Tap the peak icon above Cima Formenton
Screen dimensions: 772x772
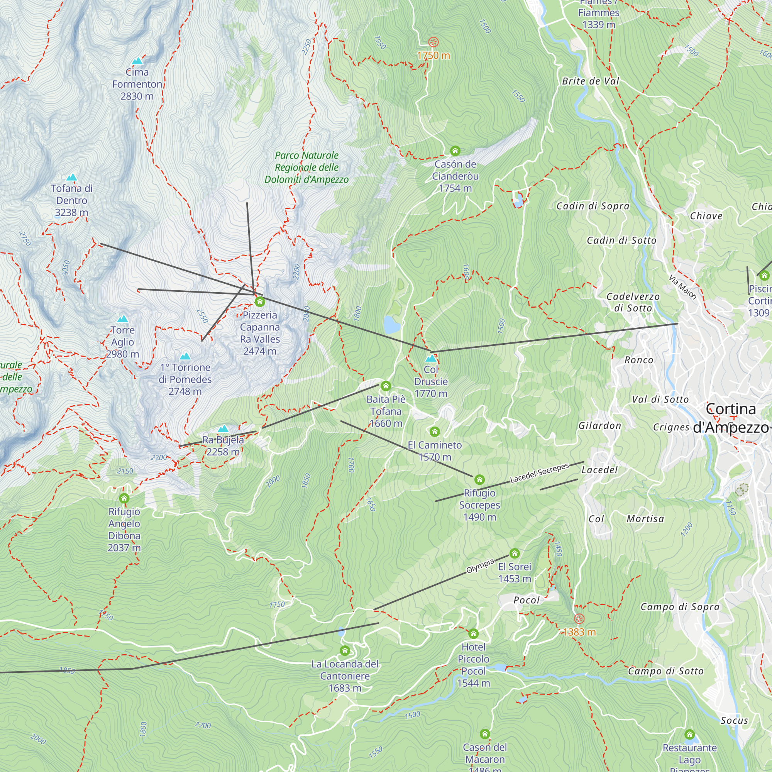point(137,61)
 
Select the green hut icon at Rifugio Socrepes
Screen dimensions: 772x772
point(479,479)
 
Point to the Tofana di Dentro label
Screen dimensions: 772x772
point(71,200)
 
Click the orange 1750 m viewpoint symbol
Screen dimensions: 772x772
point(433,42)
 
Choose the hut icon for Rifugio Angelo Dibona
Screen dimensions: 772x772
point(124,498)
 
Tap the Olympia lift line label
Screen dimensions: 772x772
point(480,566)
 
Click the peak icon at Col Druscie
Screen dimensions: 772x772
point(431,359)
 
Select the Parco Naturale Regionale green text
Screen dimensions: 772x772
point(306,168)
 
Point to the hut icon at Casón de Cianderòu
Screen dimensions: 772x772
point(455,151)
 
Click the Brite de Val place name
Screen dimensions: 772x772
point(590,81)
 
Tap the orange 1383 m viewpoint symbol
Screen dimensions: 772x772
point(579,619)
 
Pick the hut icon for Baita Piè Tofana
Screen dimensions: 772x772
point(386,386)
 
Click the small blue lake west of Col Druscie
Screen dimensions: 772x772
point(391,325)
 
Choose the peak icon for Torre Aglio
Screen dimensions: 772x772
point(123,319)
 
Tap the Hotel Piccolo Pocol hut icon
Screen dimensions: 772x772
point(474,634)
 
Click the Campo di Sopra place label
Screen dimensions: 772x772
point(680,607)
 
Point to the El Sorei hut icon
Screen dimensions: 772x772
point(515,554)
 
